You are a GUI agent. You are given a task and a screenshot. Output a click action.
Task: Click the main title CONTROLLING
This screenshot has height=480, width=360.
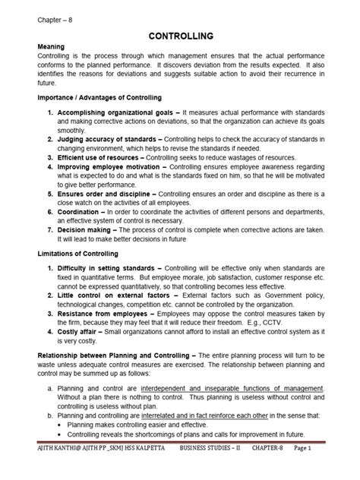coord(180,36)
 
